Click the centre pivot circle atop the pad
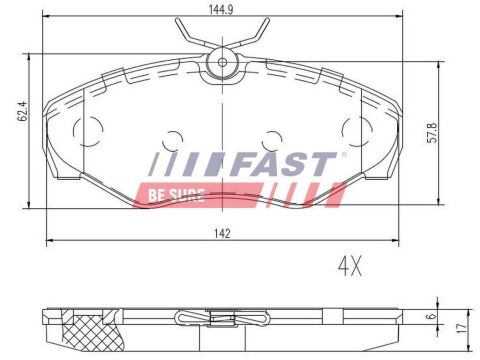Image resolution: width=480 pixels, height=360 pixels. click(219, 65)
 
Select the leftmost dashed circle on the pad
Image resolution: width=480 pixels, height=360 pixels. click(89, 128)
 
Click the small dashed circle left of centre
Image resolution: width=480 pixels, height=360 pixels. click(172, 142)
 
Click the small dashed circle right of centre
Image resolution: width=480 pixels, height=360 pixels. click(268, 142)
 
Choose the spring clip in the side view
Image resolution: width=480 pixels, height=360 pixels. click(220, 321)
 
